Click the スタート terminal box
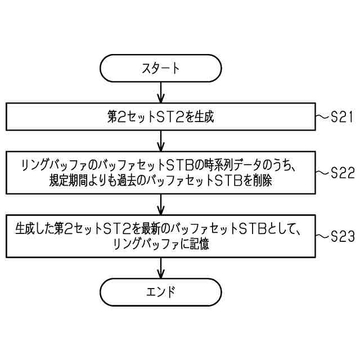[x=161, y=69]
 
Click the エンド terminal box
[x=161, y=291]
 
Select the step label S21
[x=341, y=117]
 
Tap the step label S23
[x=342, y=236]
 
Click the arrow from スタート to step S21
[x=161, y=92]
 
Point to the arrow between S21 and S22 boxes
[x=161, y=140]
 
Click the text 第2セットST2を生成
[x=161, y=117]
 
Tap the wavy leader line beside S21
[x=322, y=117]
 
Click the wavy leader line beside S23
[x=322, y=236]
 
